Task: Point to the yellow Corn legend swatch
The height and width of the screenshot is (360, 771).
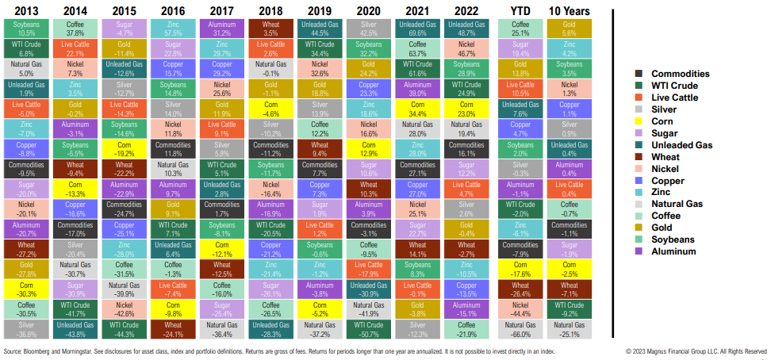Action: pyautogui.click(x=638, y=121)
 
